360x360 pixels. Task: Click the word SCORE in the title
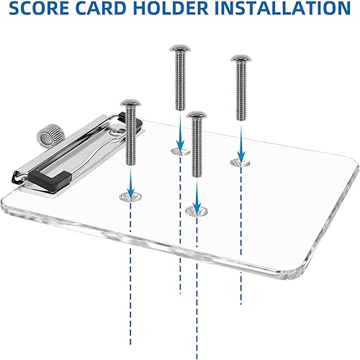44,9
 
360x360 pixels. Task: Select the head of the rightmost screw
240,60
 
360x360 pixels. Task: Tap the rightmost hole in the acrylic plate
240,163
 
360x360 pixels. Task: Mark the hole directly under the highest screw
179,150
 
